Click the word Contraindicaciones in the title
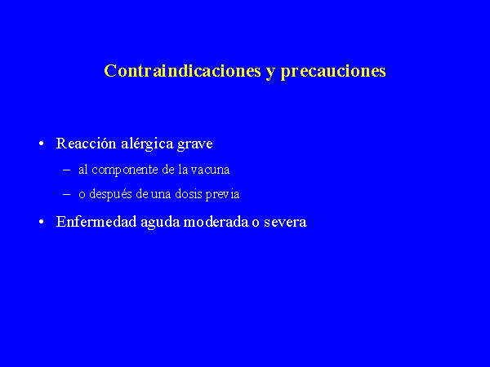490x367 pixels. (x=182, y=70)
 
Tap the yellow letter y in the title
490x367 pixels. (x=270, y=73)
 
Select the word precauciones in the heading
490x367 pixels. (x=333, y=72)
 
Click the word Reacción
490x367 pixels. (x=86, y=144)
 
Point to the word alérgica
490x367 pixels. (x=147, y=144)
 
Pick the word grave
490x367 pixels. (x=194, y=145)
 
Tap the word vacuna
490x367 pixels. (x=210, y=170)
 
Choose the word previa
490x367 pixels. (x=222, y=195)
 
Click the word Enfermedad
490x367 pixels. (x=96, y=222)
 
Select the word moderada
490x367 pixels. (x=216, y=222)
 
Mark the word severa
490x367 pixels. (x=285, y=223)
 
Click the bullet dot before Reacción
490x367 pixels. (x=42, y=144)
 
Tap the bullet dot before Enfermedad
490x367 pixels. (x=42, y=222)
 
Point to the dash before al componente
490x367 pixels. (x=67, y=170)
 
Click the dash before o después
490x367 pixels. (x=67, y=195)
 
